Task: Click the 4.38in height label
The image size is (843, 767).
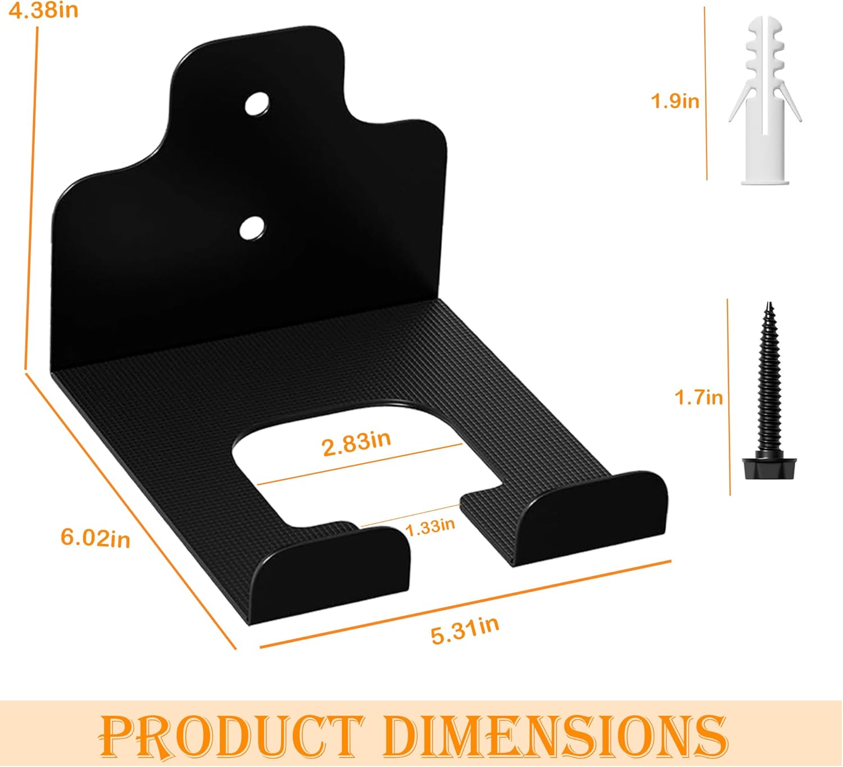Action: pyautogui.click(x=43, y=10)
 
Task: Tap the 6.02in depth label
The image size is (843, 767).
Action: pyautogui.click(x=96, y=538)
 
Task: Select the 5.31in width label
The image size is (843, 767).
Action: pyautogui.click(x=465, y=631)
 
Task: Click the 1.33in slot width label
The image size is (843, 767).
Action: pyautogui.click(x=430, y=527)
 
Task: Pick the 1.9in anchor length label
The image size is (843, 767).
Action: pyautogui.click(x=675, y=101)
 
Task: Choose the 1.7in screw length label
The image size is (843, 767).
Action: pyautogui.click(x=699, y=397)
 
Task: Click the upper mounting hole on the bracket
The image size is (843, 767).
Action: pyautogui.click(x=257, y=104)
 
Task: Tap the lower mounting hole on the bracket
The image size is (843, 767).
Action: pyautogui.click(x=252, y=228)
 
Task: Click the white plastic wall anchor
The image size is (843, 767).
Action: pyautogui.click(x=765, y=101)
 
